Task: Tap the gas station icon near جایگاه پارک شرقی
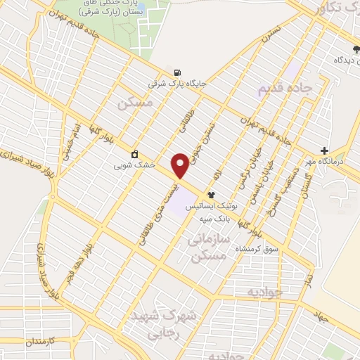coord(175,72)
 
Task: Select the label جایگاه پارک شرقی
coord(176,84)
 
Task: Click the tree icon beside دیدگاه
coord(355,49)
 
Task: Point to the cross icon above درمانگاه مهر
coord(324,150)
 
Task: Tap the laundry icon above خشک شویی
coord(134,155)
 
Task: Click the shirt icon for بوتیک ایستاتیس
coord(211,195)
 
